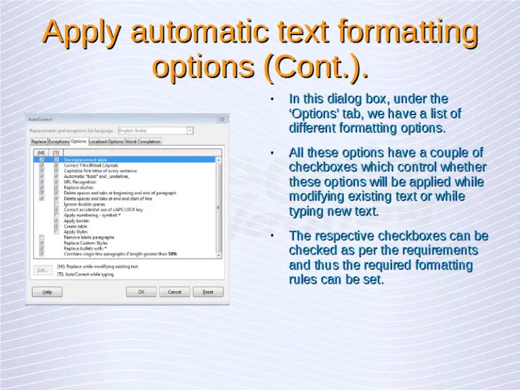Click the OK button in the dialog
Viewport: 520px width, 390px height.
pyautogui.click(x=142, y=292)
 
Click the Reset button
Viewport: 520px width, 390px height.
pyautogui.click(x=208, y=292)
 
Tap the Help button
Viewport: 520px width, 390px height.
pyautogui.click(x=47, y=292)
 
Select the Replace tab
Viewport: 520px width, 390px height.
pyautogui.click(x=39, y=142)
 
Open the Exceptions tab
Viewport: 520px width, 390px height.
pyautogui.click(x=59, y=142)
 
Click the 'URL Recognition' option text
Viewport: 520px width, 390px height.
pyautogui.click(x=80, y=181)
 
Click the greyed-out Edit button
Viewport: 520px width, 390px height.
pyautogui.click(x=42, y=269)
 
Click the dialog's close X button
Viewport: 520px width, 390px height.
pyautogui.click(x=224, y=118)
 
